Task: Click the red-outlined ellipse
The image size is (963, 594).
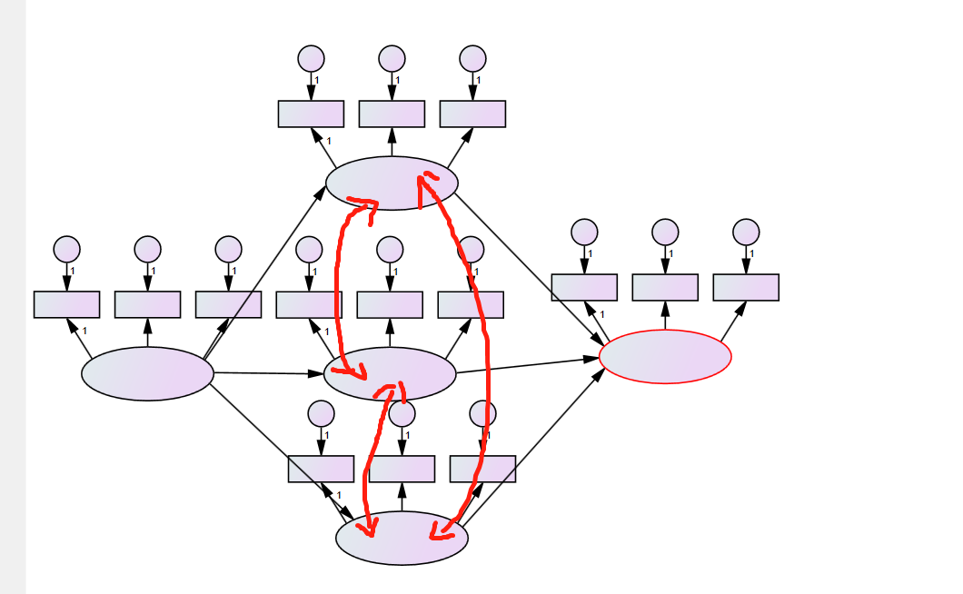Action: [x=665, y=357]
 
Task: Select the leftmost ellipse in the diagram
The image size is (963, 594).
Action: [x=147, y=373]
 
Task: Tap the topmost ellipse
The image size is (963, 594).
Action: [x=392, y=183]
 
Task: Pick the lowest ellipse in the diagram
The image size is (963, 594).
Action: [x=402, y=538]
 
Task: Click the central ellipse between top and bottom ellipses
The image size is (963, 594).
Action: [x=390, y=373]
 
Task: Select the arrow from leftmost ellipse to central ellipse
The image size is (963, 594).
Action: [x=269, y=373]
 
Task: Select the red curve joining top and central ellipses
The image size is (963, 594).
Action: [x=339, y=282]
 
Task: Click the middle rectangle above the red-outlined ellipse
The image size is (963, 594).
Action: [x=665, y=287]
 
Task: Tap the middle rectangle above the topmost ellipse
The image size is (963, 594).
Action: [x=392, y=114]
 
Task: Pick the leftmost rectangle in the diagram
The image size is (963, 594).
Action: [x=66, y=304]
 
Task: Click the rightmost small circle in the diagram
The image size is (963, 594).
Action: [x=746, y=232]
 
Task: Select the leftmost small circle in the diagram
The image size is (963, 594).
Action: [x=66, y=249]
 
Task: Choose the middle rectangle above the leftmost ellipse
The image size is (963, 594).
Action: [x=147, y=304]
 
